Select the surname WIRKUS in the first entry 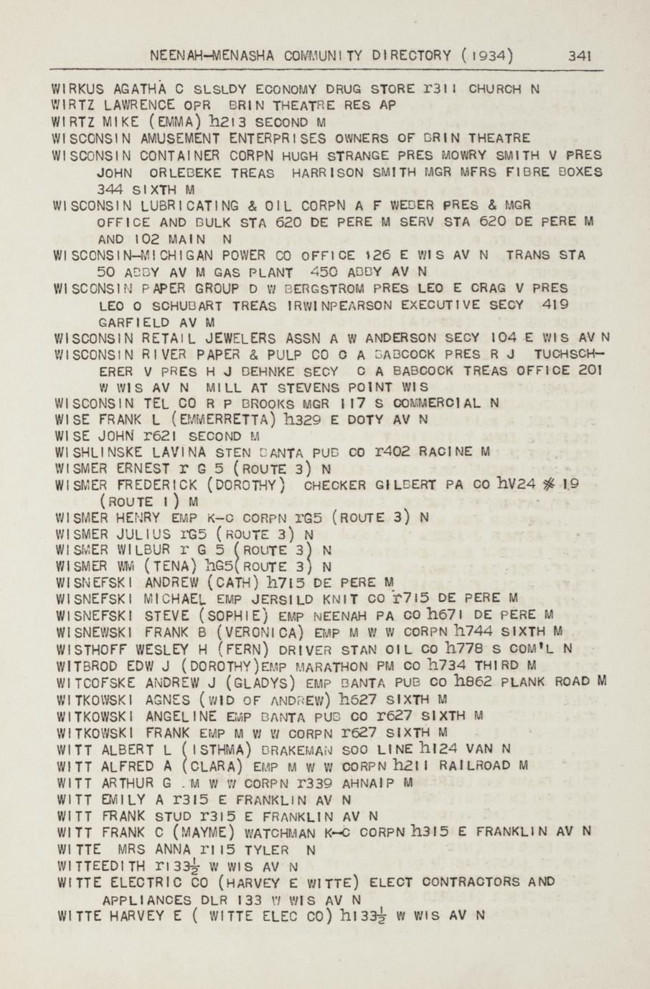tap(79, 90)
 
